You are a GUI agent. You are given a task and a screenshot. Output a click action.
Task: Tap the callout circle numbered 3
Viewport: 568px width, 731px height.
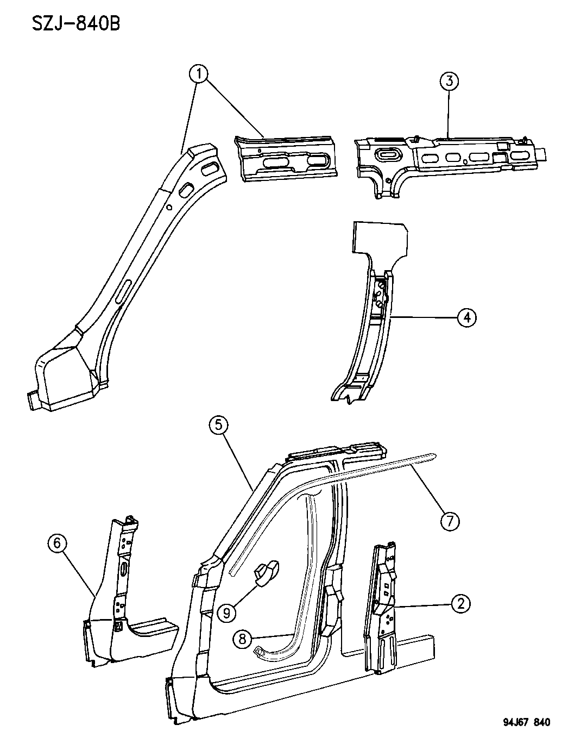(x=449, y=82)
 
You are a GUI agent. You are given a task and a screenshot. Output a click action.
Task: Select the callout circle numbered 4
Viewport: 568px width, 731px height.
(x=466, y=317)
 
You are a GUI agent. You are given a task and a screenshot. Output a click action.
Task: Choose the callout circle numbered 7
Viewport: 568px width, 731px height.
(x=450, y=521)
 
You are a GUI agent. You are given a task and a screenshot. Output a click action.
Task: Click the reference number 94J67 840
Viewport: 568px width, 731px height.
(x=519, y=722)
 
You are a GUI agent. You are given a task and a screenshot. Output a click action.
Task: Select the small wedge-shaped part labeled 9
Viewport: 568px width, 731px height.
(x=266, y=573)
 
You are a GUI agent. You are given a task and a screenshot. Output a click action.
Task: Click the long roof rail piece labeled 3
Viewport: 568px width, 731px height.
(x=451, y=160)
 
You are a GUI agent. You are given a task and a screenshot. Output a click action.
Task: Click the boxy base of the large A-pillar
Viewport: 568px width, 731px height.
(x=60, y=378)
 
